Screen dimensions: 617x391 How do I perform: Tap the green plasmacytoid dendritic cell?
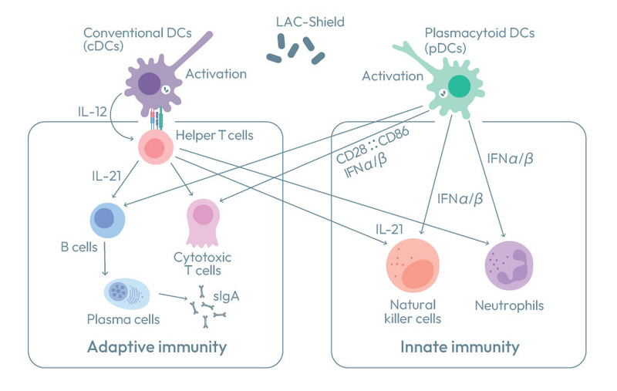(x=457, y=87)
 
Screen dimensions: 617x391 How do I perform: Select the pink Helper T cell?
(x=156, y=147)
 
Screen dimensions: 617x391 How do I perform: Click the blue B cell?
(x=107, y=221)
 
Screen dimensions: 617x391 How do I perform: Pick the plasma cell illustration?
(x=126, y=294)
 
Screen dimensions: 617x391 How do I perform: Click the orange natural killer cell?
(x=413, y=265)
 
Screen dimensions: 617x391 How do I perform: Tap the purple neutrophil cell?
(x=509, y=265)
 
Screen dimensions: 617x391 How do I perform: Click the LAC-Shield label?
(x=310, y=22)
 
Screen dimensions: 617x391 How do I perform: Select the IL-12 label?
(x=93, y=112)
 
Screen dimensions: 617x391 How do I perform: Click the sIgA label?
(x=226, y=296)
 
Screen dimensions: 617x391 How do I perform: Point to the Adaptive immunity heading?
(x=157, y=347)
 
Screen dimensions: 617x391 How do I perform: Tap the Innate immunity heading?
(x=460, y=347)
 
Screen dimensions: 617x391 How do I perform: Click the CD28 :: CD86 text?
(x=373, y=145)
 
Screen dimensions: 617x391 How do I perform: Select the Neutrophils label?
(x=509, y=305)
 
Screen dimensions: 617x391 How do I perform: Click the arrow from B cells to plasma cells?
(x=105, y=258)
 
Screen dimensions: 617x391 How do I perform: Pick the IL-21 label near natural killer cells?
(x=389, y=229)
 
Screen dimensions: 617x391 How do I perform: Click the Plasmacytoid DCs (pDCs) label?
(x=480, y=41)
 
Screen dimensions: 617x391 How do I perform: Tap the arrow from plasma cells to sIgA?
(x=173, y=296)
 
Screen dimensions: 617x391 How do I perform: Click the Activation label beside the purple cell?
(x=216, y=74)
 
